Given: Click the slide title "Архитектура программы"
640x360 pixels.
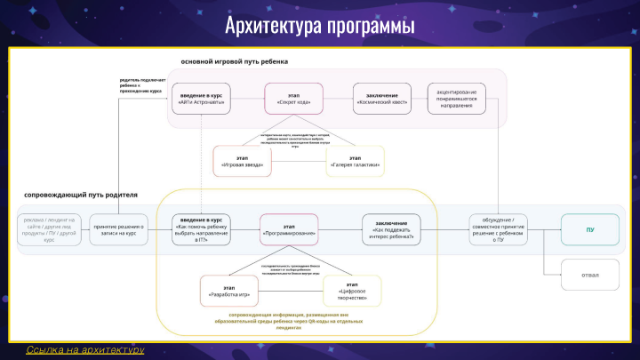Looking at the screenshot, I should click(319, 24).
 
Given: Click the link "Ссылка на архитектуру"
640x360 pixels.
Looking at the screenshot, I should click(85, 350).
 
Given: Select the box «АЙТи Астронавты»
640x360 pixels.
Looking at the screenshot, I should click(201, 99).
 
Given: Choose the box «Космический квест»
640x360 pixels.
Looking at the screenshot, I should click(381, 99).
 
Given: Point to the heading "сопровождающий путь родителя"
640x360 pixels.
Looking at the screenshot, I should click(82, 195).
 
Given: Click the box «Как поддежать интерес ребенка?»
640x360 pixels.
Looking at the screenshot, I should click(391, 229).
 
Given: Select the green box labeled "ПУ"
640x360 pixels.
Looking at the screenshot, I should click(590, 229).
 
